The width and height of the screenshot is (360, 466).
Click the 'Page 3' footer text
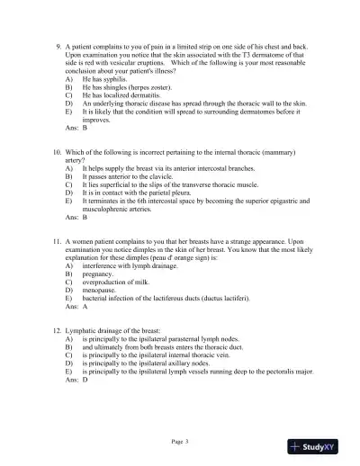click(179, 441)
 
